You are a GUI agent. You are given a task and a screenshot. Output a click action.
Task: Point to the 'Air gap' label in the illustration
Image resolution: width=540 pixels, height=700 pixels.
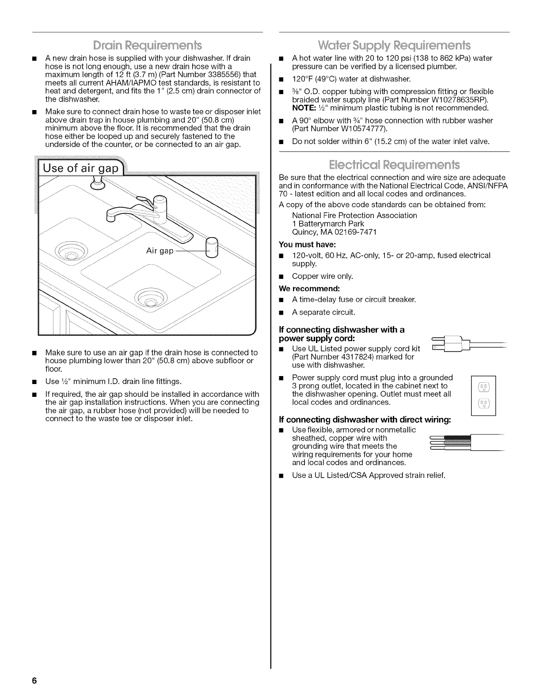click(x=160, y=251)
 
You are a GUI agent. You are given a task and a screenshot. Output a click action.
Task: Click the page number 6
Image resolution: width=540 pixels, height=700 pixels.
click(x=34, y=681)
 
